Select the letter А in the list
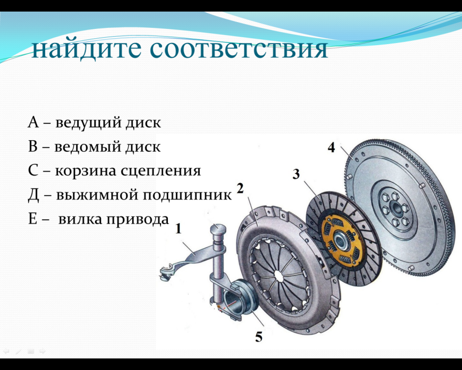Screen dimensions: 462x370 click(x=33, y=122)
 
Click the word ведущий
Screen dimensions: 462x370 click(x=88, y=123)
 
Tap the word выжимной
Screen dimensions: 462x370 click(x=97, y=195)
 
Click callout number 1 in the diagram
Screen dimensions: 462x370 click(x=178, y=228)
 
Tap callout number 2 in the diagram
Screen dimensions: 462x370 click(x=240, y=188)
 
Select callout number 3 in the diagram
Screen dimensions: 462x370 click(x=296, y=174)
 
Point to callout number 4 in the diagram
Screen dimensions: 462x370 click(x=331, y=147)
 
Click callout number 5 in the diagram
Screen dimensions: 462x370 click(x=259, y=337)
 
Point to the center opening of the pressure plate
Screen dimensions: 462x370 click(x=278, y=273)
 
